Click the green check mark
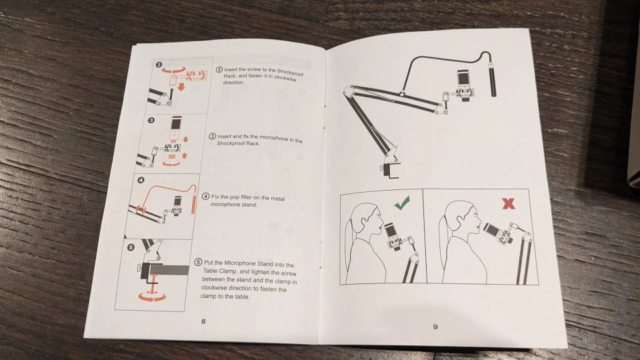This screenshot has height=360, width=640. coord(403,203)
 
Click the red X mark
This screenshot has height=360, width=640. coord(509,203)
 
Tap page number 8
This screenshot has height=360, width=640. coord(203,321)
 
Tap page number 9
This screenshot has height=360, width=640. coord(435,327)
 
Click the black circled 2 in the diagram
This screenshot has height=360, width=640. coord(159,65)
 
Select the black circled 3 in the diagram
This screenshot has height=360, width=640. coord(151,120)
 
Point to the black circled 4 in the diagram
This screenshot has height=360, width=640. coord(141,180)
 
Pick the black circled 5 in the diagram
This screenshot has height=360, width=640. coord(131,247)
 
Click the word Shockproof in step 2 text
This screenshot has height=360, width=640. coord(291,72)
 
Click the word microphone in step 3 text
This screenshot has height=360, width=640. coord(273,139)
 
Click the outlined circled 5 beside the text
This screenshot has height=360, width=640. coord(199,262)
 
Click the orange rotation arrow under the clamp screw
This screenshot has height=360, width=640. coord(152,297)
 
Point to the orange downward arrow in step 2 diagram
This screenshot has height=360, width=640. coord(181,87)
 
